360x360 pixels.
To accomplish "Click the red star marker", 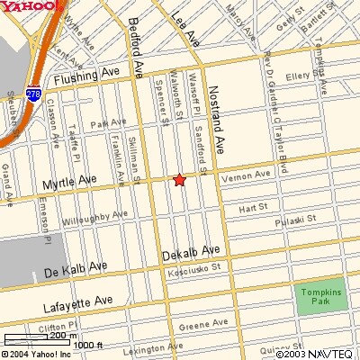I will click(179, 180).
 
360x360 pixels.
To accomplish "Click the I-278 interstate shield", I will click(33, 94).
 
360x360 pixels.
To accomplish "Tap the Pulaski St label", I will click(297, 219).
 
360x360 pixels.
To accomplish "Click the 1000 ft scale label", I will click(88, 344).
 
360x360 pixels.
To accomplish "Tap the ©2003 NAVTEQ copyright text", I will click(315, 352).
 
